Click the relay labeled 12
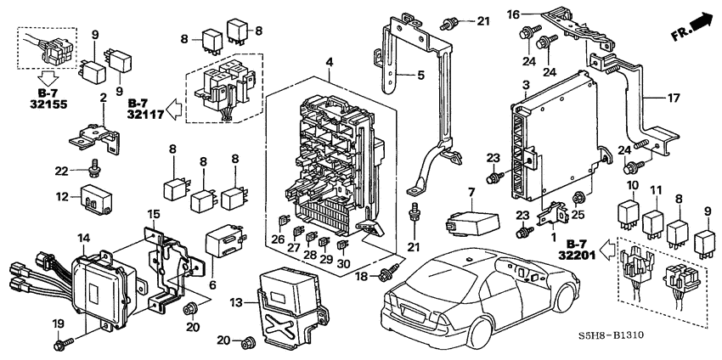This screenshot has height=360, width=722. [96, 200]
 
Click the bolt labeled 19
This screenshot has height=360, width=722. [65, 341]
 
